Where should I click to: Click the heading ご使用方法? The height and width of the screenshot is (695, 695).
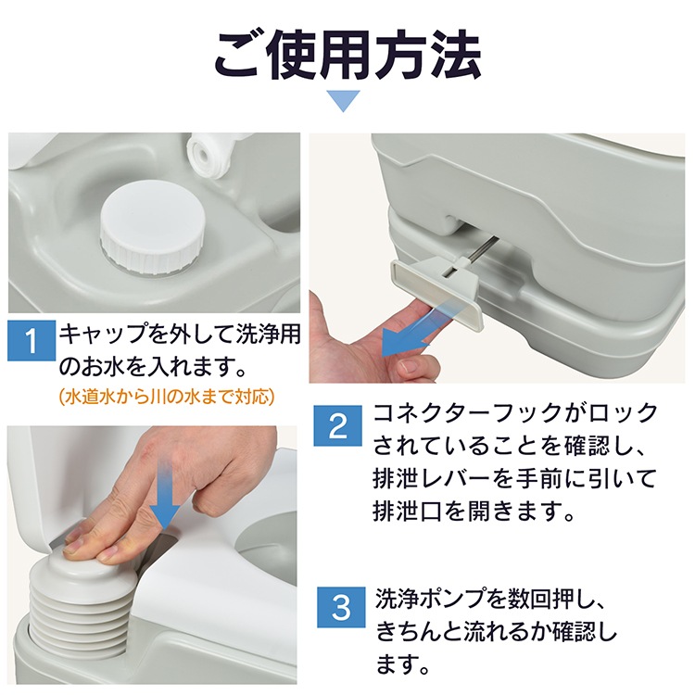(x=347, y=56)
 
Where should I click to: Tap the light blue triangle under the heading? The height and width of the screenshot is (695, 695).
(x=343, y=101)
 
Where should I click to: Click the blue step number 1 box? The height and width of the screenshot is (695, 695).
(x=32, y=340)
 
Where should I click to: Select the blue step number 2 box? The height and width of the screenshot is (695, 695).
(x=337, y=425)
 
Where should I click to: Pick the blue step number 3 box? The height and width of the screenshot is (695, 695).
(x=341, y=607)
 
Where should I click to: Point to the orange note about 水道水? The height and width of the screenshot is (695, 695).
(x=167, y=397)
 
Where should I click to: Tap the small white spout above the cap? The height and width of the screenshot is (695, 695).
(x=207, y=153)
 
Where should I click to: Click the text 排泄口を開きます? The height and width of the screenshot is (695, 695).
(x=474, y=512)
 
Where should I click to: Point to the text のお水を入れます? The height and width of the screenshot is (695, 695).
(x=152, y=368)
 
